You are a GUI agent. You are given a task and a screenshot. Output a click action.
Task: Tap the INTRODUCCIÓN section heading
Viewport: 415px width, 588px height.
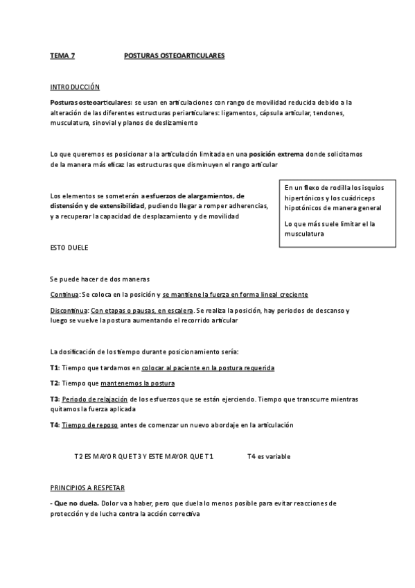click(x=75, y=87)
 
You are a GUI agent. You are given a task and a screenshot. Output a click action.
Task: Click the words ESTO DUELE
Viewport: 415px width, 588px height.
click(x=69, y=247)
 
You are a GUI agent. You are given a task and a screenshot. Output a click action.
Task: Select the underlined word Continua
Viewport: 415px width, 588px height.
click(x=64, y=295)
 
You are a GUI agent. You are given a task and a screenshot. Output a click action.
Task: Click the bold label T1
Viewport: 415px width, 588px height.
click(x=55, y=367)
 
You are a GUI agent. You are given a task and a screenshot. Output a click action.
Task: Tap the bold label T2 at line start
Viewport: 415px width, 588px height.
click(x=55, y=383)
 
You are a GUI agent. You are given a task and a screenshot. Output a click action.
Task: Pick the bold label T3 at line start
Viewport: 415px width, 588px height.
click(x=55, y=399)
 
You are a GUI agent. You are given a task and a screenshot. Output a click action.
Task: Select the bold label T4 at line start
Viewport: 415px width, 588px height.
click(x=55, y=424)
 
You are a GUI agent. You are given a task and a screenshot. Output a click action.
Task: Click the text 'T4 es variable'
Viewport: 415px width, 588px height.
click(x=268, y=457)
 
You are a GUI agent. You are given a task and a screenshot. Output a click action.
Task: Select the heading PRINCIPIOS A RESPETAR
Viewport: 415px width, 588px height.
click(x=87, y=488)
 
